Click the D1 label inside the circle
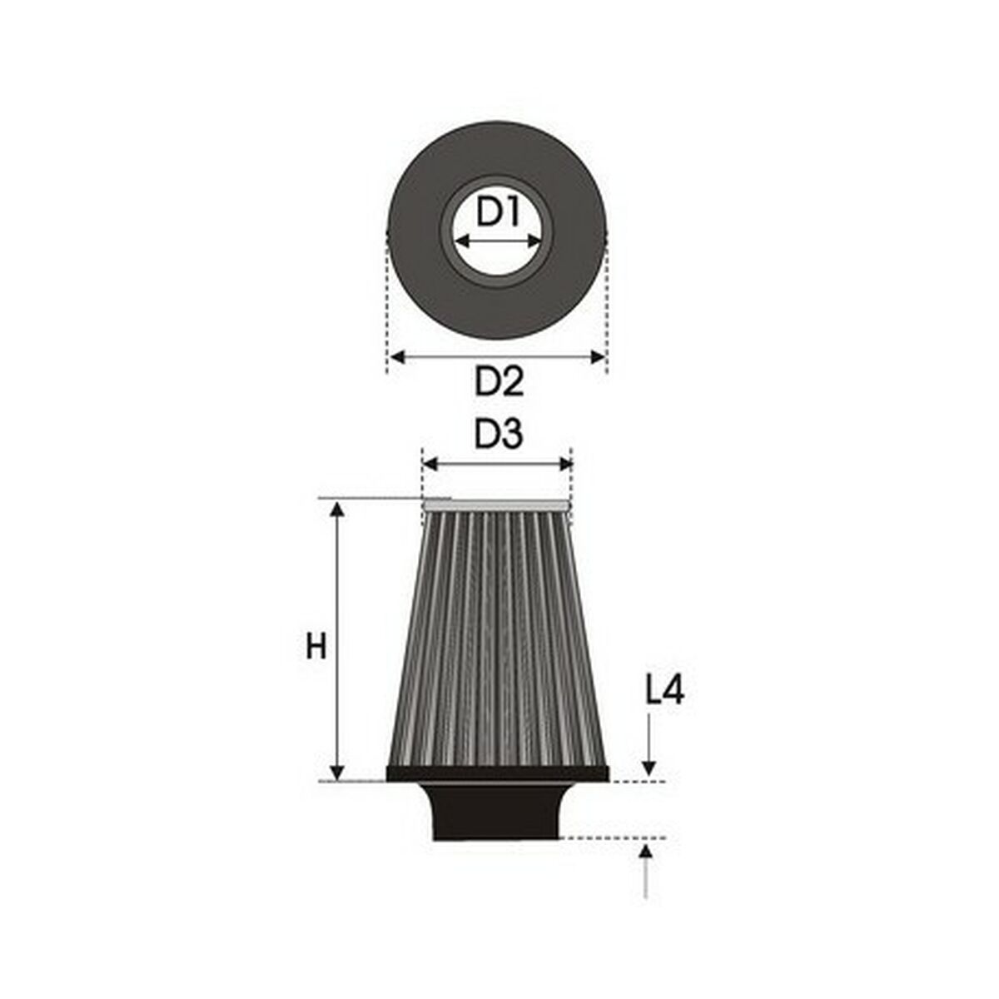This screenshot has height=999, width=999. [498, 214]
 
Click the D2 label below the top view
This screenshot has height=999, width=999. [499, 382]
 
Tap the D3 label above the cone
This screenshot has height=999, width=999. [499, 435]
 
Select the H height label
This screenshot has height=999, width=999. [316, 646]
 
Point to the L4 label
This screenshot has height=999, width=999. [664, 690]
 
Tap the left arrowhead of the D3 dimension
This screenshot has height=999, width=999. [430, 464]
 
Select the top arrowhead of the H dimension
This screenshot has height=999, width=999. [337, 508]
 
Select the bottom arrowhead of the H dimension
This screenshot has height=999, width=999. [337, 773]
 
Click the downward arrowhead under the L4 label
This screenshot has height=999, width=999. [648, 769]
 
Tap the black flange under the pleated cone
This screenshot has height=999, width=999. [498, 774]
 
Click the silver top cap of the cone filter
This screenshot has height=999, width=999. [496, 504]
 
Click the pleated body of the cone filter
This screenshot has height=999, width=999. [496, 641]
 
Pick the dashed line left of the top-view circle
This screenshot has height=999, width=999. [388, 300]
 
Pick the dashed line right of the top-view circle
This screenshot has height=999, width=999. [607, 300]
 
